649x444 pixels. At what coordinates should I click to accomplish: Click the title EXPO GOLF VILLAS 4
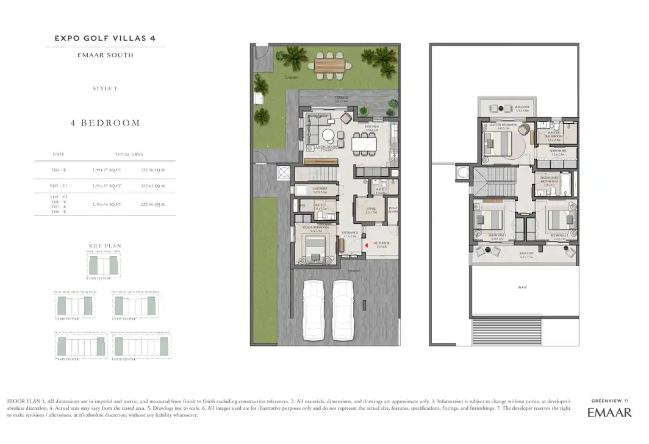(105, 38)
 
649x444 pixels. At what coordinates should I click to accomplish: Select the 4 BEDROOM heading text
(105, 123)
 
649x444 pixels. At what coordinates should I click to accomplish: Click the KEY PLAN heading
(105, 246)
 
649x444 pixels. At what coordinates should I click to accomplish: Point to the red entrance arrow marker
(366, 245)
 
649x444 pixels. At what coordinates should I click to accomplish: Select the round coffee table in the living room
(329, 135)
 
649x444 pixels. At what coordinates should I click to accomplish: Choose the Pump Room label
(393, 209)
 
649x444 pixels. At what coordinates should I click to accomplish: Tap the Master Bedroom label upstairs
(503, 125)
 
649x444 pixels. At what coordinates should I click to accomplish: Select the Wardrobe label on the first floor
(558, 149)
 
